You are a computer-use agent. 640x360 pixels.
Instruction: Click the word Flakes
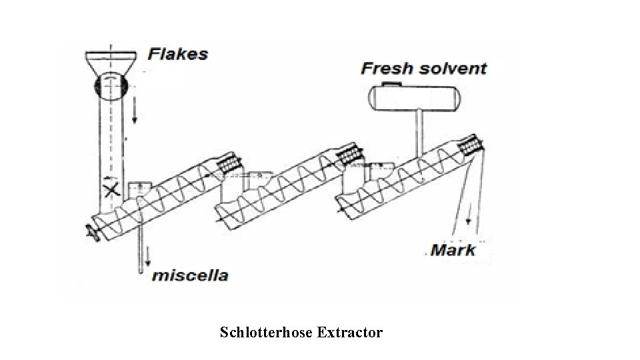tap(177, 53)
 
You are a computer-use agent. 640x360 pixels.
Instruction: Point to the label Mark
tap(453, 250)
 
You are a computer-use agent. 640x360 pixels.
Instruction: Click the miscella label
tap(191, 275)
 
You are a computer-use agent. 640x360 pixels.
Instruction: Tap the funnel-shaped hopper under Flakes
tap(111, 63)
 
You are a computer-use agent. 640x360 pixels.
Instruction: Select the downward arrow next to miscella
tap(148, 257)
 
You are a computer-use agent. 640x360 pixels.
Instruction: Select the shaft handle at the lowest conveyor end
tap(90, 231)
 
